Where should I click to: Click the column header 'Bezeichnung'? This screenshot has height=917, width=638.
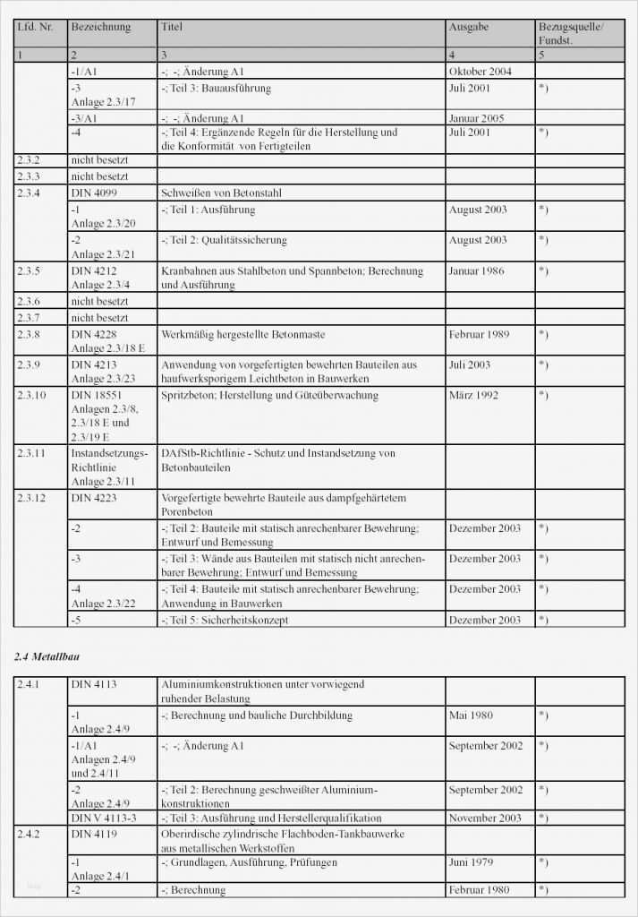coord(100,28)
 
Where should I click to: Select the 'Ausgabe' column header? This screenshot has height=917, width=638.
coord(469,28)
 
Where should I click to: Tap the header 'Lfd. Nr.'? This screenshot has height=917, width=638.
coord(35,28)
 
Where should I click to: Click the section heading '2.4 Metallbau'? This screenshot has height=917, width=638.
coord(47,657)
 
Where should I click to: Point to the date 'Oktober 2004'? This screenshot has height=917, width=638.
coord(481,72)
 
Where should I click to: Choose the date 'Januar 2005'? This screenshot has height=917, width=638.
coord(477,118)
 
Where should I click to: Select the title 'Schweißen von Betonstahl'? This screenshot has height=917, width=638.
coord(220,193)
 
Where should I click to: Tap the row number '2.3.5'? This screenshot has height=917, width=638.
coord(30,270)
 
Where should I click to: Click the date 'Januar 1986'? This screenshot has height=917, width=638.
coord(477,270)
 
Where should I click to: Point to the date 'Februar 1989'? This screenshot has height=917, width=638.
coord(480,334)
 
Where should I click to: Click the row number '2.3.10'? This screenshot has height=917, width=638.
coord(32,395)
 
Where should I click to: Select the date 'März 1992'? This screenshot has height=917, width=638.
coord(474,395)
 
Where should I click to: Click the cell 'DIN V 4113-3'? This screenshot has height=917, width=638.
coord(104,818)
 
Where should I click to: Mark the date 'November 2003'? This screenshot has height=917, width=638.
coord(486,818)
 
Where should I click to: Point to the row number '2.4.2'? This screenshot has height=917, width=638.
coord(30,834)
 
